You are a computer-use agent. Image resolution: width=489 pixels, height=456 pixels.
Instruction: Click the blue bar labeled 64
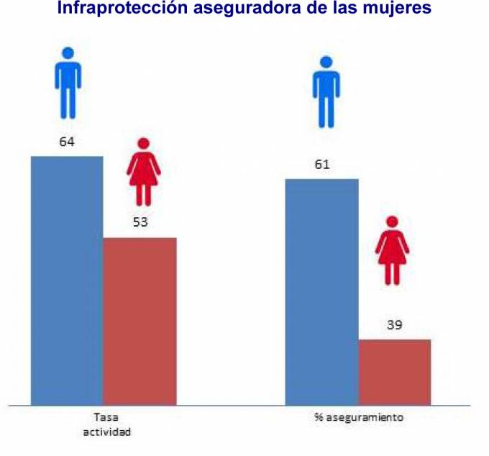coord(67,281)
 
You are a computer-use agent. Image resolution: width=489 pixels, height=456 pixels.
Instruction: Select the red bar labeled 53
coord(140,321)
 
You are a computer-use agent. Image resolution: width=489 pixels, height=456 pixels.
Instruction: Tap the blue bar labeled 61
coord(321,292)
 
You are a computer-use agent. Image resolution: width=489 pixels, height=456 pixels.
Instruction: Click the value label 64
coord(67,142)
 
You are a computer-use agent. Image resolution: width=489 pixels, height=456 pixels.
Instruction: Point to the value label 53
coord(140,223)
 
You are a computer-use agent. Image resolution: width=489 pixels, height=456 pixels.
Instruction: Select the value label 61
coord(321,165)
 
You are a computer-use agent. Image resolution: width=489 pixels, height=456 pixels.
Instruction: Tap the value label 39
coord(394,325)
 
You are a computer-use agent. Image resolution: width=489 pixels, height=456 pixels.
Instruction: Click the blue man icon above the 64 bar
coord(68,83)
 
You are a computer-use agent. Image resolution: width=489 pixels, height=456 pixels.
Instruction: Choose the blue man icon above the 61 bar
coord(326,92)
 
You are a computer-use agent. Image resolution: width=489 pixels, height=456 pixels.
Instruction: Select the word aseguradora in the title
coord(242,9)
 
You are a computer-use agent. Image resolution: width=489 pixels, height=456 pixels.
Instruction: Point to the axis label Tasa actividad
coord(106,424)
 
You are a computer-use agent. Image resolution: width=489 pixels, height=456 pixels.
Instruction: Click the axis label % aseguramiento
coord(358,417)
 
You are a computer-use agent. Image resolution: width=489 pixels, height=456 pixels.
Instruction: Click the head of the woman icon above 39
coord(392,222)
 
